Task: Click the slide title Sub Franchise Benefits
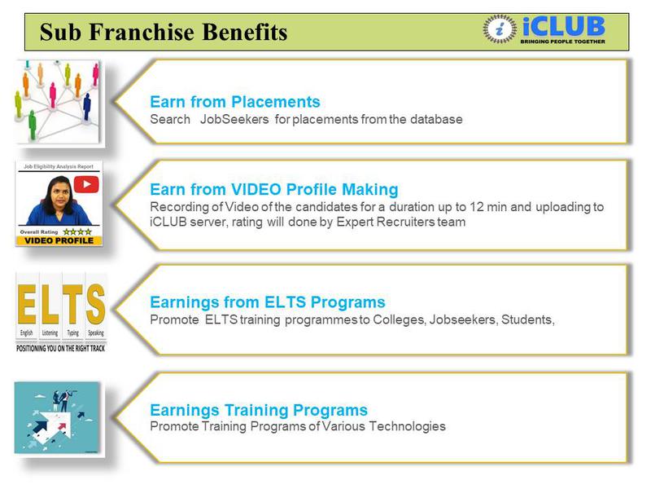(164, 33)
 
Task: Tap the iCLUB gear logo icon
(500, 29)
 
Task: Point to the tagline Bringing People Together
(562, 41)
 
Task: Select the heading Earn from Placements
(234, 102)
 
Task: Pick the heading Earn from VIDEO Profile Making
(273, 190)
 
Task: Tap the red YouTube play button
(85, 184)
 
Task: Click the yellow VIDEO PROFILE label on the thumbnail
(59, 240)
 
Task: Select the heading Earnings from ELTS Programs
(267, 302)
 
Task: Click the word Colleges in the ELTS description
(400, 319)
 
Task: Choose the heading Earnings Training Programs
(258, 410)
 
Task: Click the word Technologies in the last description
(409, 426)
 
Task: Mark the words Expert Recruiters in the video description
(383, 222)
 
